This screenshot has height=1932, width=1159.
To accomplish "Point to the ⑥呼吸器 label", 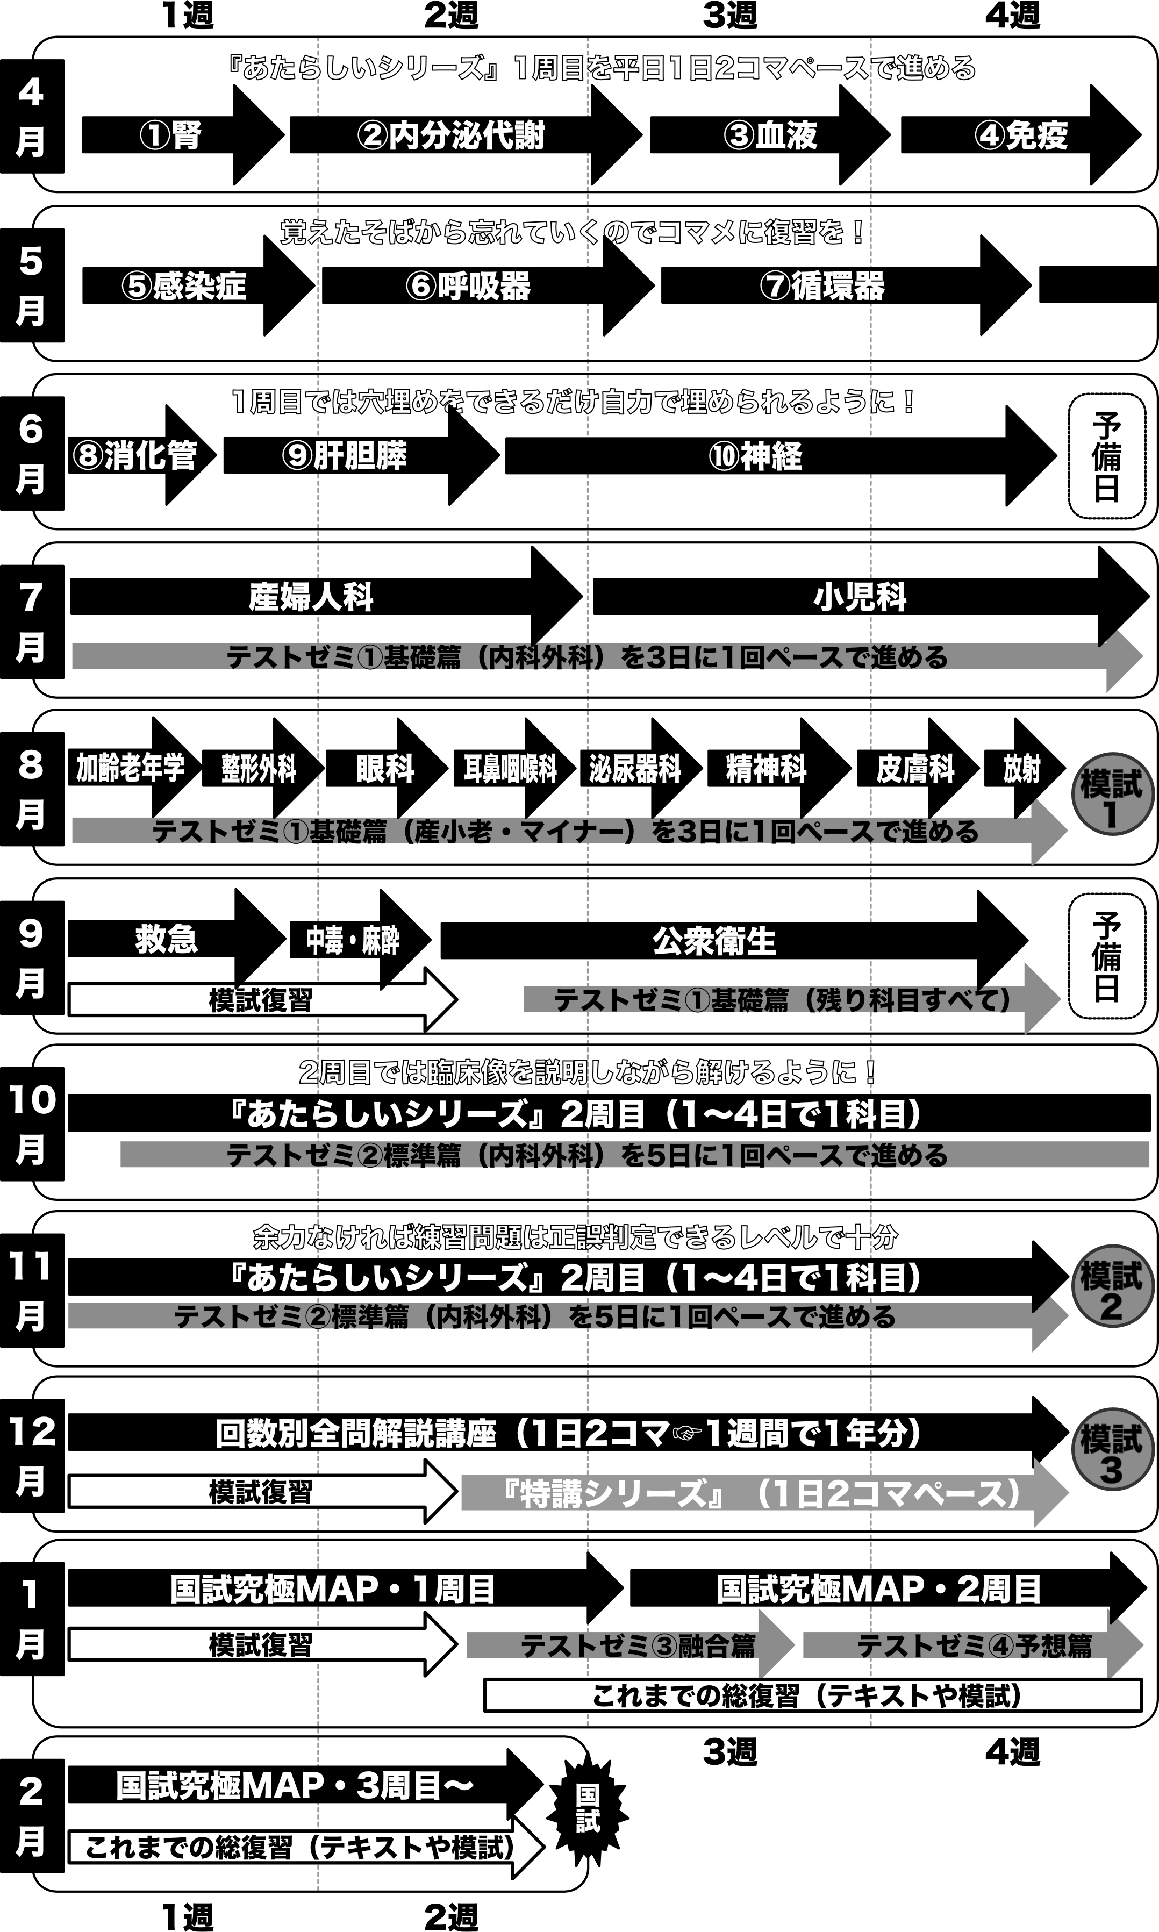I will click(x=468, y=287).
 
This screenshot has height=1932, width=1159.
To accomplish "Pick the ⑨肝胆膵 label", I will click(x=345, y=456).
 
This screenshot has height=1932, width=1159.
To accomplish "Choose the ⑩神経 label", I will click(x=755, y=456).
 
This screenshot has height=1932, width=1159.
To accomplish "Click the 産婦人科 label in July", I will click(x=311, y=597).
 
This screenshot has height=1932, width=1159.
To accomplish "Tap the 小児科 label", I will click(x=860, y=597).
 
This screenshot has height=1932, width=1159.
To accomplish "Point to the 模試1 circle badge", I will click(x=1111, y=795).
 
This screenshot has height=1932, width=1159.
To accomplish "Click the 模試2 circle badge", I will click(x=1111, y=1289).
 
